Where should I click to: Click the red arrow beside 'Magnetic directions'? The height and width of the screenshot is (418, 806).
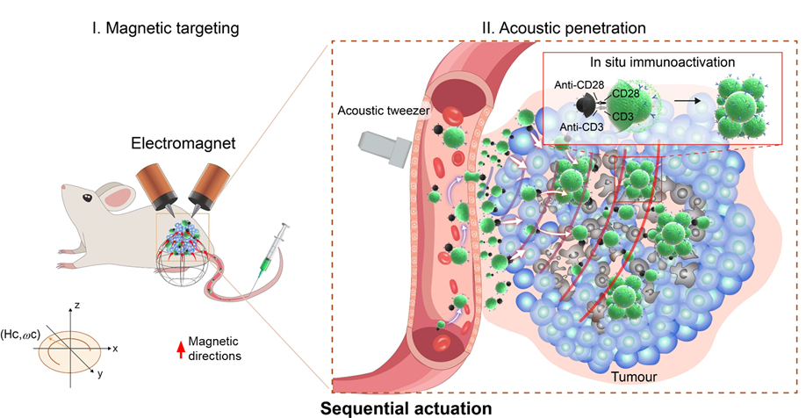pyautogui.click(x=181, y=348)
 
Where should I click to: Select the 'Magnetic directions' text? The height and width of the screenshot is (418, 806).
pyautogui.click(x=217, y=348)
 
